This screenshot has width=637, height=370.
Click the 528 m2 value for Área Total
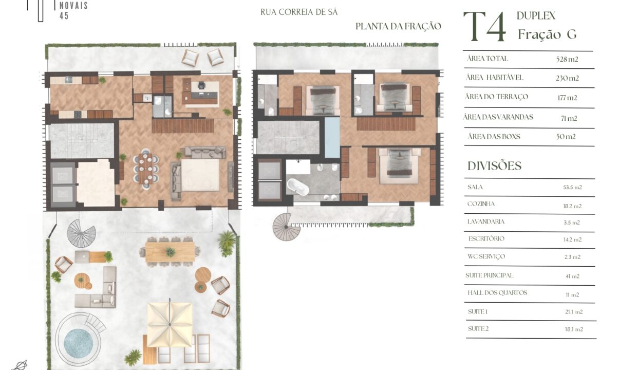pos(567,59)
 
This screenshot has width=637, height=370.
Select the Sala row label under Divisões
pos(475,187)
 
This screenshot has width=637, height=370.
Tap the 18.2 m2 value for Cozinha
pos(572,206)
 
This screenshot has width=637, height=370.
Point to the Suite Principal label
pos(489,275)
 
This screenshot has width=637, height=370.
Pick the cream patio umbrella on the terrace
pos(170,324)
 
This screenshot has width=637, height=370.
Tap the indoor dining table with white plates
pos(145,169)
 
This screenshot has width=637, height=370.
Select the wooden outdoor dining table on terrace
pos(170,252)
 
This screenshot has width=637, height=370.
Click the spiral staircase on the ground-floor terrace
pos(81,233)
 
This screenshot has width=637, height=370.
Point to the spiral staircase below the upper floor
pos(286,227)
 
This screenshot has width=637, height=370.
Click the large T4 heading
pos(485,27)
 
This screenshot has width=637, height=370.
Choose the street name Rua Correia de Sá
pos(299,12)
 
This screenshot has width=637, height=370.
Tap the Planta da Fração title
pos(398,26)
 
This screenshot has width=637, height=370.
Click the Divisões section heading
pos(495,166)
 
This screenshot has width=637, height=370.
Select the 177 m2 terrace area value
pos(567,98)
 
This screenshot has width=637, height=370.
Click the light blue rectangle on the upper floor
pos(332,138)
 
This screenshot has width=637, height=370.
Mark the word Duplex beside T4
pos(536,16)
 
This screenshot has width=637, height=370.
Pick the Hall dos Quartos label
pos(497,292)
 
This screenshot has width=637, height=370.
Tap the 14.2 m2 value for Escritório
pos(572,240)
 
